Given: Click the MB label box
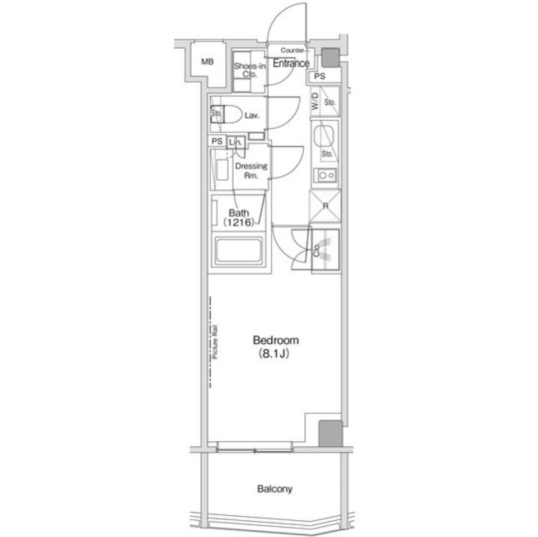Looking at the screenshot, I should (x=207, y=63).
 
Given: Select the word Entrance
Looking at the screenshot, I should (x=291, y=63).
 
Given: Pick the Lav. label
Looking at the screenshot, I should (x=252, y=116).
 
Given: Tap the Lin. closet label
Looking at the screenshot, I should (x=236, y=143).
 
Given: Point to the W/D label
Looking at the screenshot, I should (x=314, y=101).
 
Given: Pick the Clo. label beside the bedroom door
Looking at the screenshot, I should (x=317, y=250).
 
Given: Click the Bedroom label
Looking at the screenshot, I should (x=276, y=340).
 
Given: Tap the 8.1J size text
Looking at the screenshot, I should (x=273, y=354).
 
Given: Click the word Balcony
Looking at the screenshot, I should (x=275, y=489).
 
